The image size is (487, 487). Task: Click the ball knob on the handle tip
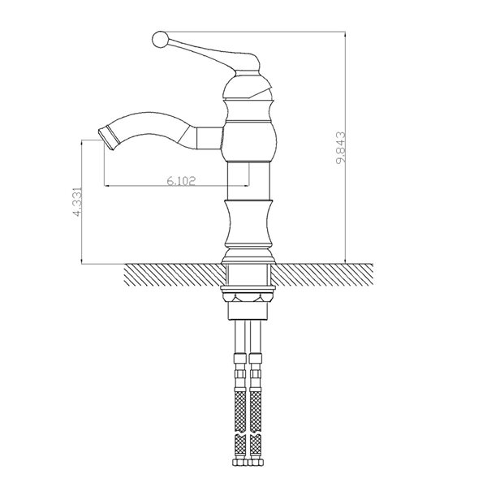coord(160,40)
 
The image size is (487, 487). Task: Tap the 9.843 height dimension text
coord(341,148)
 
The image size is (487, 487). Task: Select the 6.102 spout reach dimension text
coord(181,181)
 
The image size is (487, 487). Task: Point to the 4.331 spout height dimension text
coord(77,201)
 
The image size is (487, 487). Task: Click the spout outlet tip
coord(107,136)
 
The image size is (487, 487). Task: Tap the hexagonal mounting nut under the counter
coord(248,298)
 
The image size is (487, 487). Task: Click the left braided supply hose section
coord(240,411)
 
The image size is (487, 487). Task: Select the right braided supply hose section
coord(256,411)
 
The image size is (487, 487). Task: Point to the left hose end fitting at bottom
coord(240,462)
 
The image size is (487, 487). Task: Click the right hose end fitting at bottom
coord(256,462)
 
